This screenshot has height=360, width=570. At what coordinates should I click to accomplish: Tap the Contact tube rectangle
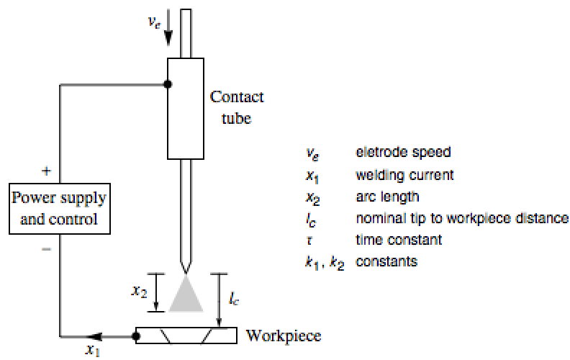(x=186, y=108)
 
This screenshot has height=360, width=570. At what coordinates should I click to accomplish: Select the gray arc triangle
(x=186, y=296)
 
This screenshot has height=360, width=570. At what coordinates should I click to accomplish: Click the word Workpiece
(x=283, y=335)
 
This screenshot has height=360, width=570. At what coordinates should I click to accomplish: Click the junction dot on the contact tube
(x=168, y=84)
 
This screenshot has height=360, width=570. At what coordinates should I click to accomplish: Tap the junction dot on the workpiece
(x=137, y=336)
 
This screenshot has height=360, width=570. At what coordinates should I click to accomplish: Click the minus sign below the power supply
(x=47, y=249)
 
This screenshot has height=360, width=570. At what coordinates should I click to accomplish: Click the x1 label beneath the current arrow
(x=91, y=351)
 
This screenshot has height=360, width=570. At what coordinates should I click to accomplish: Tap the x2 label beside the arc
(x=140, y=292)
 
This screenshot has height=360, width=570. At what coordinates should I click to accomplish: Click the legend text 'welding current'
(x=404, y=175)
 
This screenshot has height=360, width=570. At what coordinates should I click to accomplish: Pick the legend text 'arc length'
(x=389, y=197)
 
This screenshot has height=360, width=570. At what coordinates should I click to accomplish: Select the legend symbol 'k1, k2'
(x=324, y=263)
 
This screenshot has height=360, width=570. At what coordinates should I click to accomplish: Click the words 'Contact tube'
(x=237, y=107)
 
